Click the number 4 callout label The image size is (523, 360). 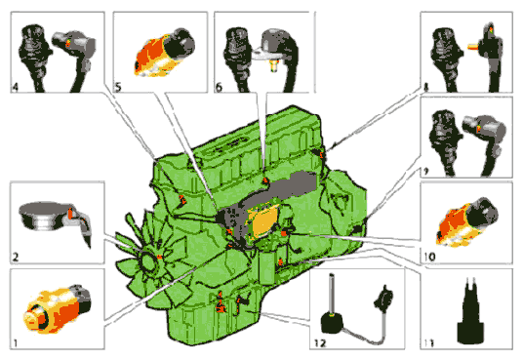click(15, 87)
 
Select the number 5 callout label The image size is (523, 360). click(118, 87)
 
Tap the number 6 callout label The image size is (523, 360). click(219, 87)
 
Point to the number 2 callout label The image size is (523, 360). click(16, 257)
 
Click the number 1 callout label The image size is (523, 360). click(15, 342)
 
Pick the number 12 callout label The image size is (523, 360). click(320, 342)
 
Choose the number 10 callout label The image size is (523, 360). click(429, 257)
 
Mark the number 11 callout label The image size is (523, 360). click(429, 342)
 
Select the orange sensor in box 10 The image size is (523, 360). click(466, 221)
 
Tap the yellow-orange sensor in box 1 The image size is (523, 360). click(57, 308)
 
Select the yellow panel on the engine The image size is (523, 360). click(264, 220)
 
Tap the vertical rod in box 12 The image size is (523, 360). click(332, 294)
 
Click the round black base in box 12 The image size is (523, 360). click(332, 323)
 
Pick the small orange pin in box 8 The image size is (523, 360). click(472, 46)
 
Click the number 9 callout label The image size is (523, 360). click(425, 172)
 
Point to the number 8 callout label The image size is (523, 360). click(425, 88)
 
